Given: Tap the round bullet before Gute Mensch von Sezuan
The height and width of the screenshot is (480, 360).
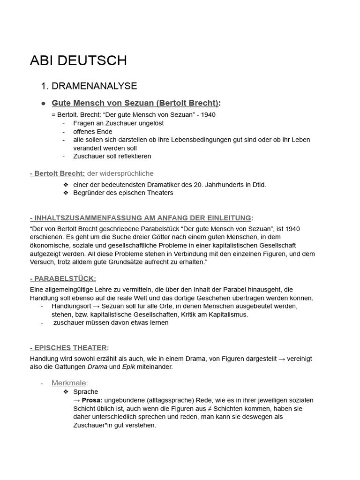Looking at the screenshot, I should point(43,103).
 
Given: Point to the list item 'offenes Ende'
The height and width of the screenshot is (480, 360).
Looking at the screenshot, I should point(93,132).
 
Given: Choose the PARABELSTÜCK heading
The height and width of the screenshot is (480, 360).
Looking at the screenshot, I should point(65,279).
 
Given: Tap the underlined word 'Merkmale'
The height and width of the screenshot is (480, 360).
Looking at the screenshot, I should point(69,383).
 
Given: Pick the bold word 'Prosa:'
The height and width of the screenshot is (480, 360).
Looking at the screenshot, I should point(92,400).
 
